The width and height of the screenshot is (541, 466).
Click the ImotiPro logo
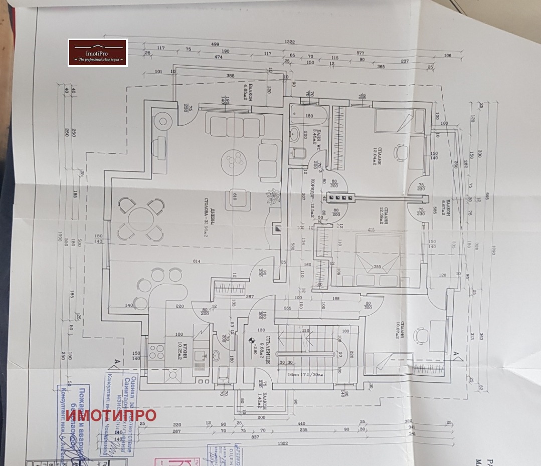pos(98,53)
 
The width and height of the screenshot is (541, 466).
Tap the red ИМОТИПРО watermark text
pos(111,415)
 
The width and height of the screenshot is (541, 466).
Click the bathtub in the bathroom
pos(309,117)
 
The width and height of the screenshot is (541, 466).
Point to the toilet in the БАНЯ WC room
pos(299,152)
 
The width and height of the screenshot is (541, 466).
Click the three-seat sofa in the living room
pos(235,128)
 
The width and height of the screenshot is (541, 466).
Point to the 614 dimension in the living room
pos(197,262)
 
